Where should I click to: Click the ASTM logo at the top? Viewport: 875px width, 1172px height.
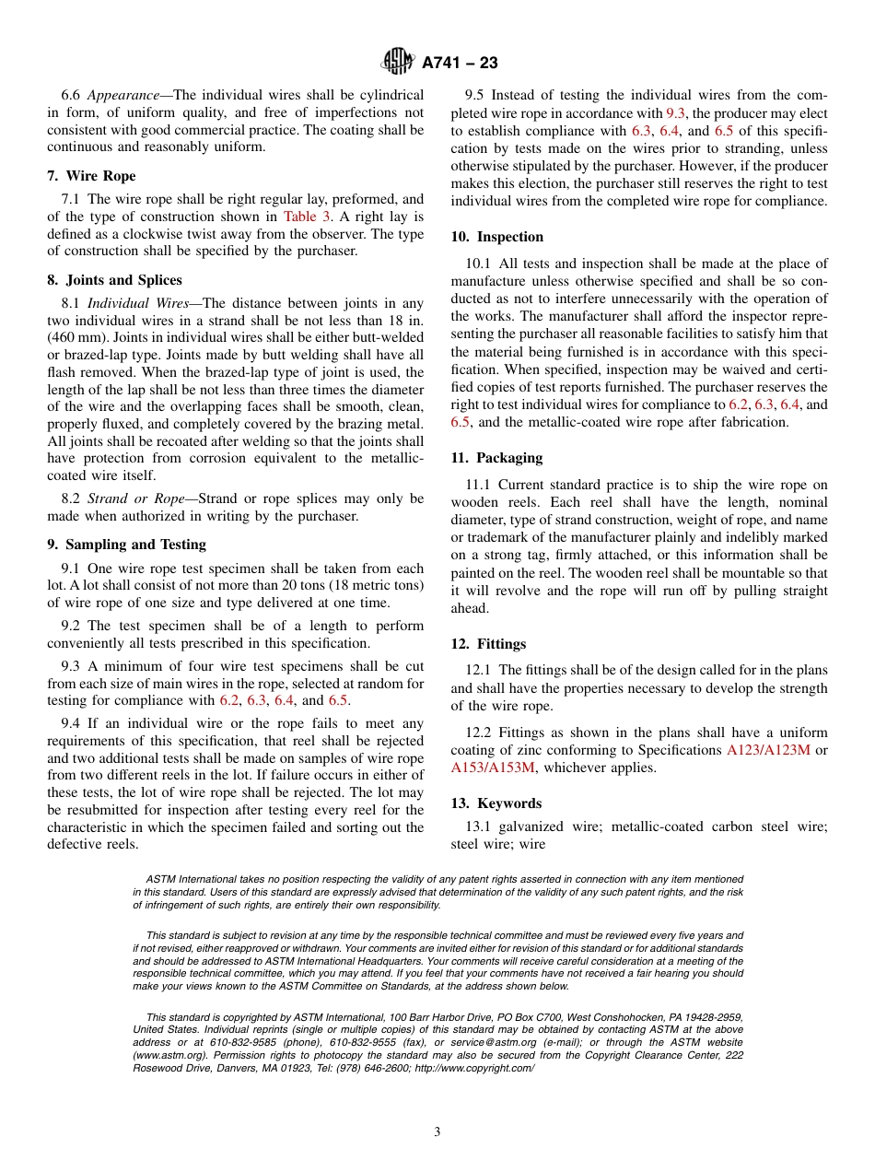pyautogui.click(x=398, y=62)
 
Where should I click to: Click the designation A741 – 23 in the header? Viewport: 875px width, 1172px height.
pyautogui.click(x=460, y=63)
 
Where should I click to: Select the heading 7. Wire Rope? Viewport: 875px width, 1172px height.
pyautogui.click(x=91, y=176)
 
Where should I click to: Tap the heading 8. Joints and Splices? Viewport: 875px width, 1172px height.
pyautogui.click(x=114, y=280)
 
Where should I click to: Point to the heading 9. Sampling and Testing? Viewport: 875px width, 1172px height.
pyautogui.click(x=126, y=545)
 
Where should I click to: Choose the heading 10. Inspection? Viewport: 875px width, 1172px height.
pyautogui.click(x=496, y=237)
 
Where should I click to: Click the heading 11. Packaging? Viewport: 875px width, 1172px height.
pyautogui.click(x=496, y=458)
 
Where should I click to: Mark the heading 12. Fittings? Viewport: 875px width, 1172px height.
pyautogui.click(x=488, y=644)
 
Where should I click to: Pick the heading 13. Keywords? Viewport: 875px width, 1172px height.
pyautogui.click(x=496, y=803)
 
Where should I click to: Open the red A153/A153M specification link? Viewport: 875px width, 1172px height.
pyautogui.click(x=493, y=768)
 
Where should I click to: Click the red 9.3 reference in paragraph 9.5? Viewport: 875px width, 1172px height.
pyautogui.click(x=675, y=112)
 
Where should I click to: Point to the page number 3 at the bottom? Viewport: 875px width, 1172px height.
pyautogui.click(x=437, y=1132)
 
